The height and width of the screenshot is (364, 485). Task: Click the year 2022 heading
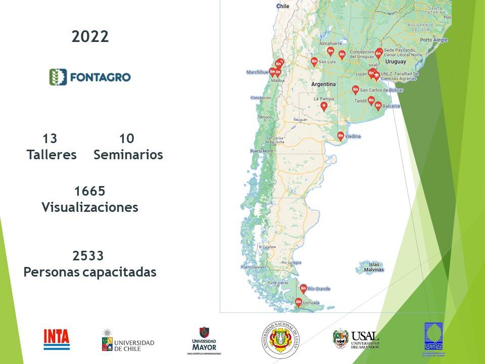click(x=90, y=36)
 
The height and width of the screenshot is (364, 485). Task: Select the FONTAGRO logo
click(x=90, y=77)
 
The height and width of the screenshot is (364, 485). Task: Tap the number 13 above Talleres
click(x=50, y=139)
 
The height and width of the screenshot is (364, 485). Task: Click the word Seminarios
click(x=128, y=155)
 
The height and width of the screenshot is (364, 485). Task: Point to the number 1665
click(x=89, y=191)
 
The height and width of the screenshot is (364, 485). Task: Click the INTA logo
click(x=57, y=339)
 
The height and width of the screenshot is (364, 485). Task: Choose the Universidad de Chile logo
click(x=128, y=340)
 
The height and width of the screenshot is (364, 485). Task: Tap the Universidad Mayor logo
click(x=204, y=340)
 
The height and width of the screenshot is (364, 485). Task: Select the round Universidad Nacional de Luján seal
click(x=279, y=339)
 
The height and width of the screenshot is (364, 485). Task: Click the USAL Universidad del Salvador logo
click(x=356, y=339)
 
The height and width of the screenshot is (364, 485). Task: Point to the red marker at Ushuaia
click(x=299, y=302)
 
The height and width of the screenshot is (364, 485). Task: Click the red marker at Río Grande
click(x=303, y=288)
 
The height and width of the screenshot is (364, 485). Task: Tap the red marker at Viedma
click(x=341, y=135)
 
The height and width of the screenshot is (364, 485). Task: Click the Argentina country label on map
click(x=323, y=83)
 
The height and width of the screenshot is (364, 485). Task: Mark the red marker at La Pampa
click(x=324, y=106)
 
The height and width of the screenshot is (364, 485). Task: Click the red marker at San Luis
click(x=314, y=62)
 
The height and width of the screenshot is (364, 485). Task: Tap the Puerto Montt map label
click(x=261, y=151)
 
